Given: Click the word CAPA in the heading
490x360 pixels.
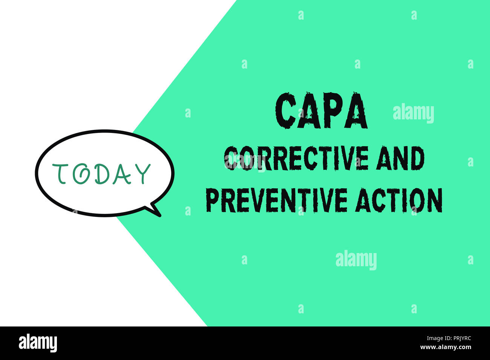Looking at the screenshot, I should [x=322, y=111].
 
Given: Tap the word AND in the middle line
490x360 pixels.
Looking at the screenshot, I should [x=401, y=159].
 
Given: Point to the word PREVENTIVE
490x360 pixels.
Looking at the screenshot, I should [x=276, y=200].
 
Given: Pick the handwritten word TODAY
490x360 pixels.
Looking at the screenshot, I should [x=101, y=174].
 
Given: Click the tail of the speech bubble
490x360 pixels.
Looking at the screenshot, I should [x=155, y=210].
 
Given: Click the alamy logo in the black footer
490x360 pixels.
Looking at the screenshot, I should [x=38, y=343].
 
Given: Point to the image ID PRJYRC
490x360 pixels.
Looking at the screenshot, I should [x=457, y=338].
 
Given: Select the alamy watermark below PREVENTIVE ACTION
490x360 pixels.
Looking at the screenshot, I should [x=356, y=261].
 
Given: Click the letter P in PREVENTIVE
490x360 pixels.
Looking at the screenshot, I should [x=212, y=200].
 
